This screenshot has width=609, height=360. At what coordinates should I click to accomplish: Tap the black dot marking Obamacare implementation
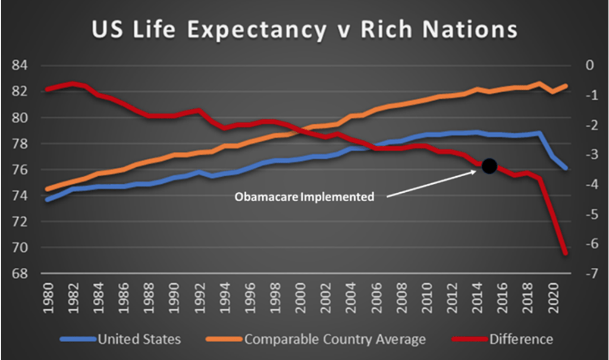click(489, 165)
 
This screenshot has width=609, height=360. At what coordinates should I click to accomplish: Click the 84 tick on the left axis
click(19, 65)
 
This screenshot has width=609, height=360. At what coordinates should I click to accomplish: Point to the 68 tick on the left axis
click(19, 274)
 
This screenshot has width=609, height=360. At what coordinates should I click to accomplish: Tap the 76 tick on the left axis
click(19, 170)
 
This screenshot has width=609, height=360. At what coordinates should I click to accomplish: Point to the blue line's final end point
click(565, 168)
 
